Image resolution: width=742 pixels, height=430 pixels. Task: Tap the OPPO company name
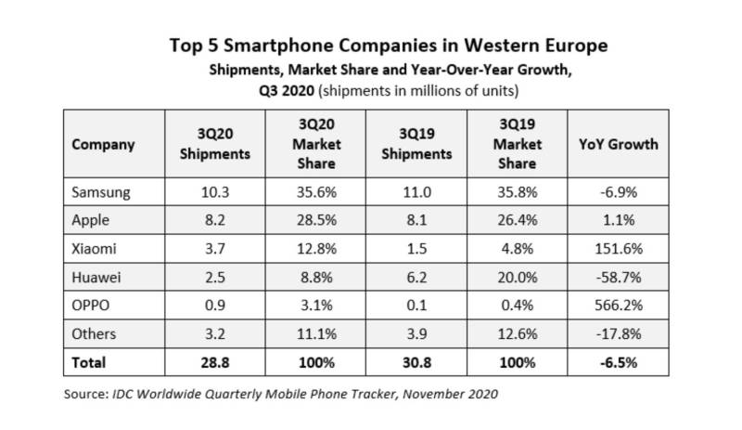click(90, 306)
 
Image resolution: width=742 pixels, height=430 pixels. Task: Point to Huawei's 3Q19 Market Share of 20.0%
click(517, 278)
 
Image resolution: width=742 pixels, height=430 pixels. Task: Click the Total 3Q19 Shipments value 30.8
click(416, 362)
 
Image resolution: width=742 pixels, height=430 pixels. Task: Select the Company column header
click(103, 144)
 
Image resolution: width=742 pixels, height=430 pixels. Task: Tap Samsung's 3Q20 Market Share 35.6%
click(314, 192)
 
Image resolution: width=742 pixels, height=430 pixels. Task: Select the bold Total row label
click(88, 362)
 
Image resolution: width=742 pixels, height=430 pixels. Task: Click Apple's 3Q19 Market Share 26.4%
click(517, 221)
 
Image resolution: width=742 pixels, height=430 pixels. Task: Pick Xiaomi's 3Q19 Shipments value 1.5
click(416, 249)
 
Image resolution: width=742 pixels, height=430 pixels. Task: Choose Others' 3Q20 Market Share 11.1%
click(314, 334)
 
